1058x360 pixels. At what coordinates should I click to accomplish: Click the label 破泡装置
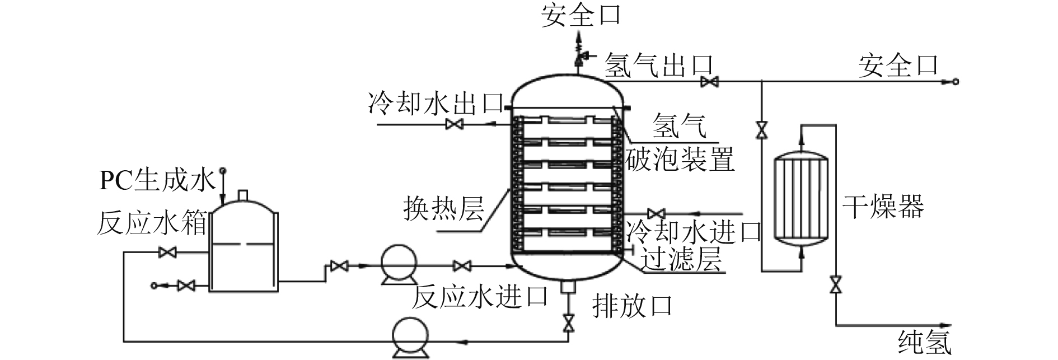coord(680,161)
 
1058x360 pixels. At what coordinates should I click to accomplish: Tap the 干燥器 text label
coord(883,206)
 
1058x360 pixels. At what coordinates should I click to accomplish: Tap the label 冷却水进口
coord(694,231)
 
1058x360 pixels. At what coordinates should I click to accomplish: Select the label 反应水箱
coord(152,224)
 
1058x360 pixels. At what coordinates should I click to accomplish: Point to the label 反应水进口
coord(479,297)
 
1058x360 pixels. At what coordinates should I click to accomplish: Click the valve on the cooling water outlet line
coord(453,124)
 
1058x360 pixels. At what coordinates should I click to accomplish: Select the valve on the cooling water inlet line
coord(656,213)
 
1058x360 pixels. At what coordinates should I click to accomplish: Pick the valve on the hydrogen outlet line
coord(710,82)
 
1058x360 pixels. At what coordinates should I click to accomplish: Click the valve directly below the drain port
coord(569,323)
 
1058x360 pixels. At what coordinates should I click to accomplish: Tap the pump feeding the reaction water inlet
coord(399,264)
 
